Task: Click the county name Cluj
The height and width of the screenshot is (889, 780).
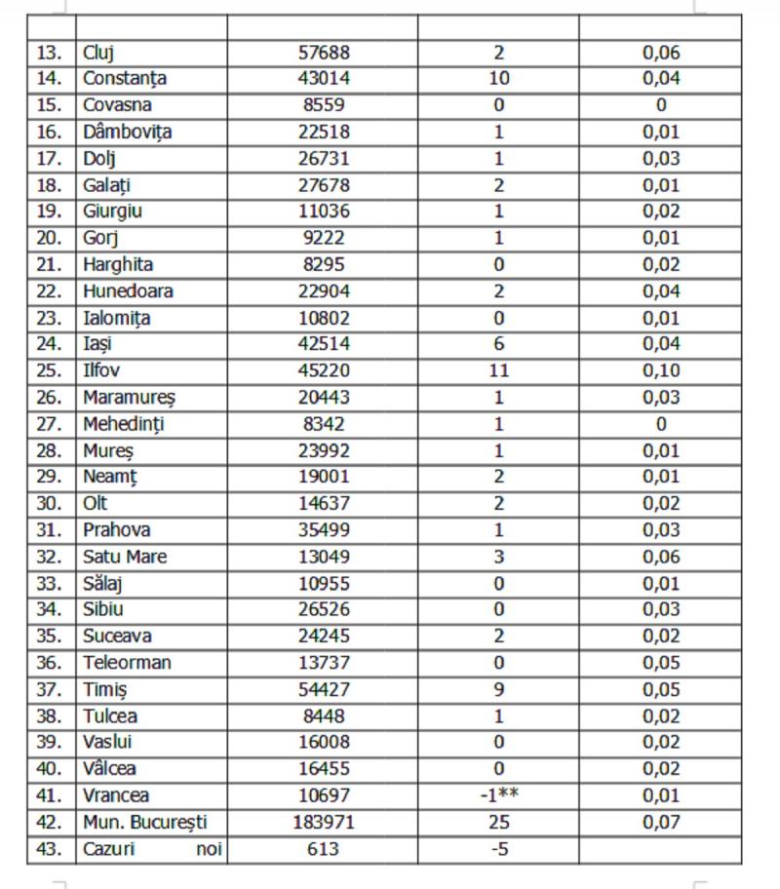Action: point(99,53)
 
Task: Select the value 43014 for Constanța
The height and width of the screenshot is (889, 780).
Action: point(322,79)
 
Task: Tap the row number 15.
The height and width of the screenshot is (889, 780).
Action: point(51,105)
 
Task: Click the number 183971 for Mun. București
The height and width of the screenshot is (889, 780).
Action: point(322,823)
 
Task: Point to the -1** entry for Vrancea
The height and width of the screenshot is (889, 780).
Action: point(498,796)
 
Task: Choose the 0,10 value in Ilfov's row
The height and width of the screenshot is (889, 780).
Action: point(661,370)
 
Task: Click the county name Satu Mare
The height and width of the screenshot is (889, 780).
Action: point(125,557)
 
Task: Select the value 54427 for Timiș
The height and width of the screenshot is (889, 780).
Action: point(322,689)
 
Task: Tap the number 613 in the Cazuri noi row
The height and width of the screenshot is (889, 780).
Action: point(322,849)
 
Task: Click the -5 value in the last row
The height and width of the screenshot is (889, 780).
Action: point(498,849)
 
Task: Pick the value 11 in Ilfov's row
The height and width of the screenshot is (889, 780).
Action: point(498,370)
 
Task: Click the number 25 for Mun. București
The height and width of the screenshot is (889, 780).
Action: point(498,823)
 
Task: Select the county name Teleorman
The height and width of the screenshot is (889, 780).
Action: point(128,663)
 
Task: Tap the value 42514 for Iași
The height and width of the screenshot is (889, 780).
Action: point(322,344)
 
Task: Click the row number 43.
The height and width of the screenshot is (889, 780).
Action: point(51,849)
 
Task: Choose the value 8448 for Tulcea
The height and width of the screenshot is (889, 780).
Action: point(322,716)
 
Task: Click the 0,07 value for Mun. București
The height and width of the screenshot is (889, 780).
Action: point(661,823)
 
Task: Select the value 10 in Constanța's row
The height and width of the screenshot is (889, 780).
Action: point(498,79)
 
